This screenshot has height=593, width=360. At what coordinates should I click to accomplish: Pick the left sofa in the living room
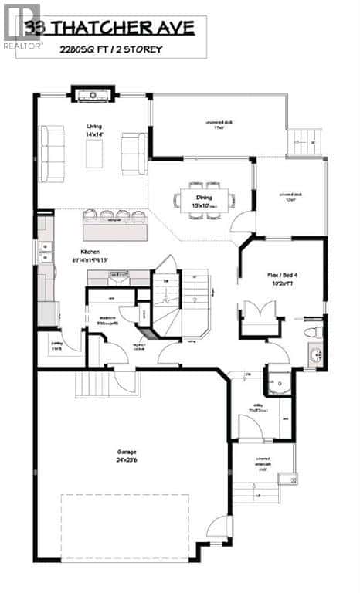(x=53, y=152)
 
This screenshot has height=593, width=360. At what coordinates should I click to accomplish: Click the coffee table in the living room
(x=94, y=153)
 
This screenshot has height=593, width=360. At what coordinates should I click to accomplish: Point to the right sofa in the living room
(x=134, y=153)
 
